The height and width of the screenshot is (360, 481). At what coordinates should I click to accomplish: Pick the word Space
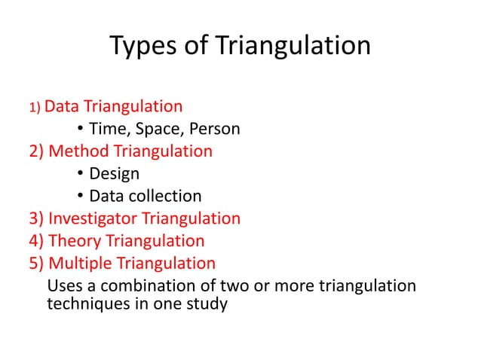pyautogui.click(x=153, y=129)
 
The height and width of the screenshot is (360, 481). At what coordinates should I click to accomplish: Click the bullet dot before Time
pyautogui.click(x=80, y=130)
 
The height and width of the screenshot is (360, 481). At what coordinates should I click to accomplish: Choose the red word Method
pyautogui.click(x=79, y=151)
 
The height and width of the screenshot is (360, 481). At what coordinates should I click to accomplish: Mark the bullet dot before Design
pyautogui.click(x=80, y=175)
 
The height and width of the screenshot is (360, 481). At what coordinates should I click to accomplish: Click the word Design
pyautogui.click(x=114, y=174)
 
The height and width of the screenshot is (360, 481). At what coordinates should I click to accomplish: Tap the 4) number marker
pyautogui.click(x=37, y=241)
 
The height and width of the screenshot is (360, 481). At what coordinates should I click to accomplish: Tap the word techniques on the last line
pyautogui.click(x=84, y=306)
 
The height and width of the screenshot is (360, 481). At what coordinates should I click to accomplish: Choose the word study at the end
pyautogui.click(x=206, y=306)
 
